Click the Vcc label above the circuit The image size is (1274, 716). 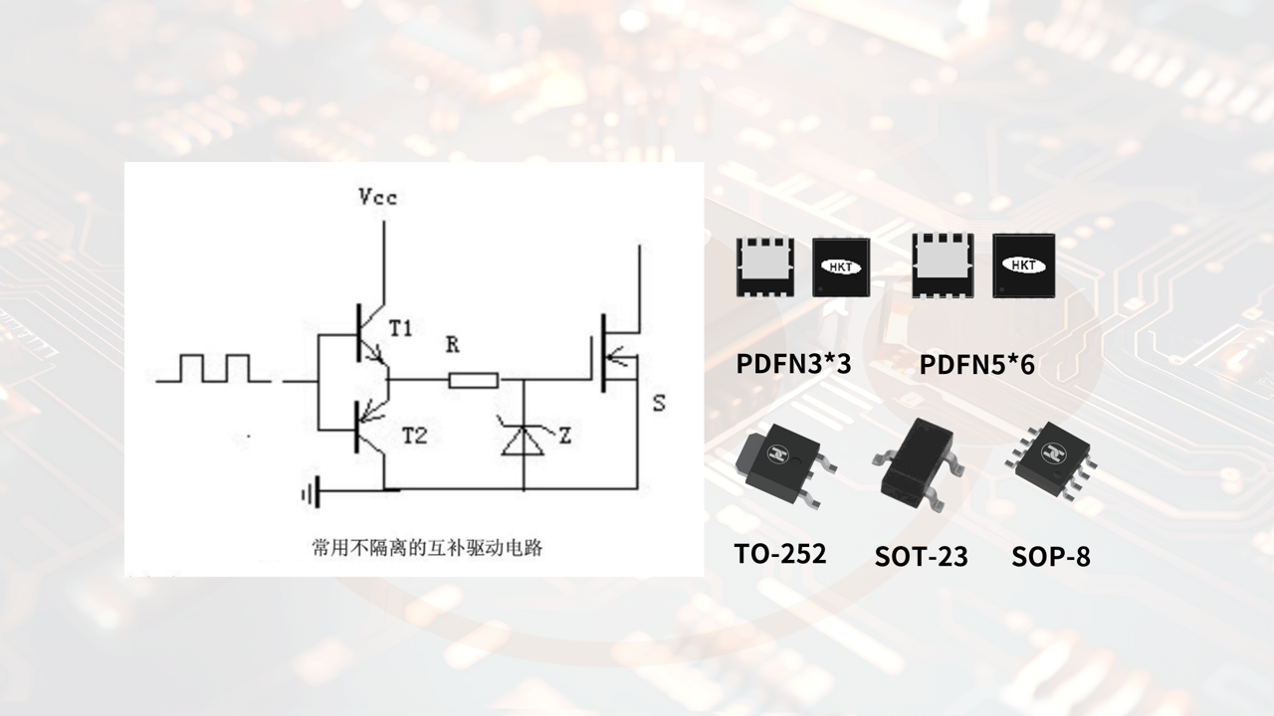click(x=378, y=198)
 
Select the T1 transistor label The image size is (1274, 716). click(x=402, y=329)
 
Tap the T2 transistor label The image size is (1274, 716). click(x=415, y=436)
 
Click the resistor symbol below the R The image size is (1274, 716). click(x=473, y=380)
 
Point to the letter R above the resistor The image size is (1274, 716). click(x=452, y=345)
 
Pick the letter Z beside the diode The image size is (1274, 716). click(x=564, y=436)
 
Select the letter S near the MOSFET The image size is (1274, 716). click(x=659, y=404)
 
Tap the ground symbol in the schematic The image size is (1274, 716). click(x=311, y=491)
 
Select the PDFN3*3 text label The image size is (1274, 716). click(x=793, y=364)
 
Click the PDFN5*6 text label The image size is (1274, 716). click(x=976, y=365)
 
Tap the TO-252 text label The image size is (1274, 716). click(x=779, y=554)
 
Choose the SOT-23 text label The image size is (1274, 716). click(x=921, y=556)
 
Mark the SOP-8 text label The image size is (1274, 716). click(x=1050, y=556)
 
